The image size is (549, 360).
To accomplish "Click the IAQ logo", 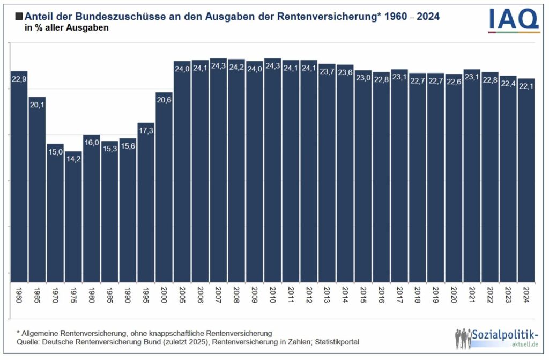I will tap(513, 20).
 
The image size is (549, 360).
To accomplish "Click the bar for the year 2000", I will tap(164, 188).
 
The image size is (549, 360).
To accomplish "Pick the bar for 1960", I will tap(19, 177).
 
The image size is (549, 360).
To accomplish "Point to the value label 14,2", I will tap(73, 159).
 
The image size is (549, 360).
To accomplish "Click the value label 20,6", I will tap(164, 100).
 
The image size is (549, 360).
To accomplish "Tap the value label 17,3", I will tap(146, 130).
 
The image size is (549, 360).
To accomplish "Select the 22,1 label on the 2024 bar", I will tap(526, 86).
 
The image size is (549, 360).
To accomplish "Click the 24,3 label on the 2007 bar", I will tap(219, 66).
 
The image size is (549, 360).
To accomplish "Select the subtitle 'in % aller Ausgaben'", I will tap(66, 28).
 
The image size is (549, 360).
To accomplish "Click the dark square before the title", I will tap(19, 17).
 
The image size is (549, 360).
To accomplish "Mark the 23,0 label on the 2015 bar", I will tap(363, 78).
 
